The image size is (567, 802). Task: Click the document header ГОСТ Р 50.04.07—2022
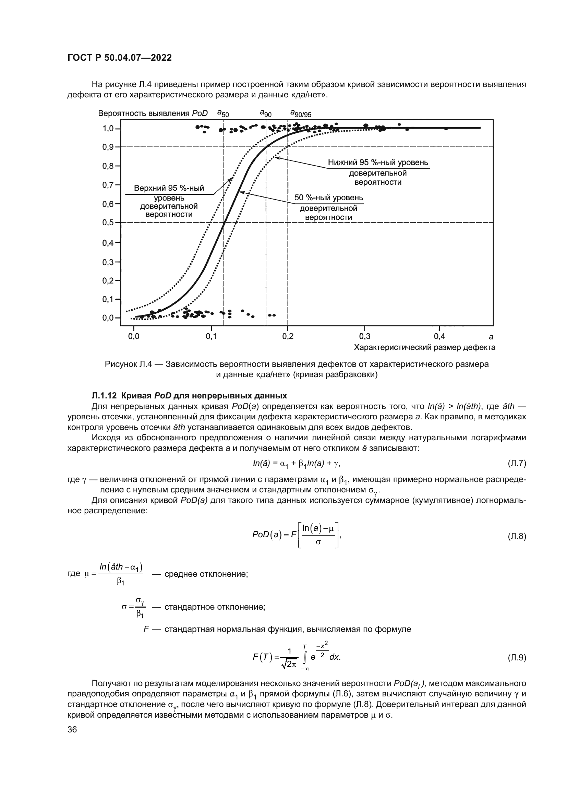point(119,58)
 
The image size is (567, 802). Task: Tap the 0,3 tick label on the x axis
point(364,336)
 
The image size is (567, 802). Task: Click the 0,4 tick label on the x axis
point(439,336)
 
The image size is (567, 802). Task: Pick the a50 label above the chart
point(223,113)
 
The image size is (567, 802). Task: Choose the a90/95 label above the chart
point(301,113)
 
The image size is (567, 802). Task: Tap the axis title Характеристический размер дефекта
point(424,348)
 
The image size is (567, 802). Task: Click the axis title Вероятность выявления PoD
point(153,113)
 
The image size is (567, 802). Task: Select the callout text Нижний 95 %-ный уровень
point(378,163)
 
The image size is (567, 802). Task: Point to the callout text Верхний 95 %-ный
point(169,189)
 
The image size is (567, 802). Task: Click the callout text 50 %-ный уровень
point(328,198)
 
